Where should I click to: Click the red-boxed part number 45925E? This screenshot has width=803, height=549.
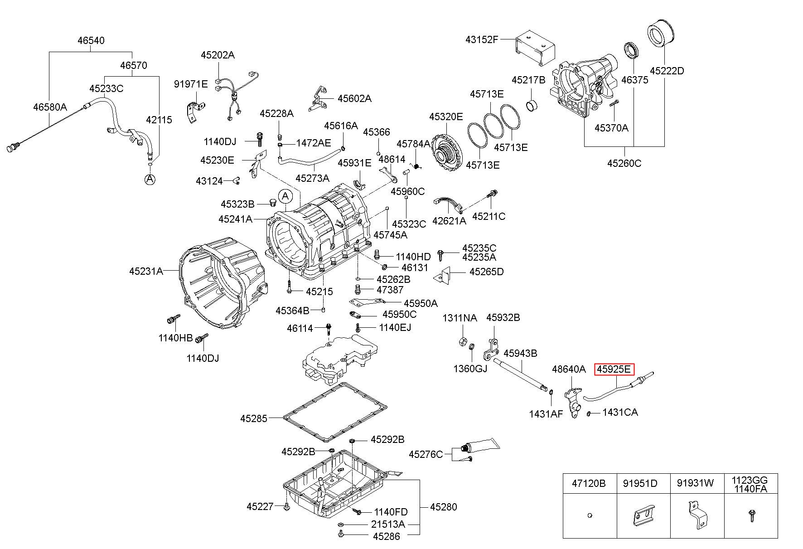(614, 369)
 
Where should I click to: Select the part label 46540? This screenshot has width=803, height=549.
(91, 40)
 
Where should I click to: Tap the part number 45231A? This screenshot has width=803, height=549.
(146, 271)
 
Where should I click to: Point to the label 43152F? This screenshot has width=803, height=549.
(482, 39)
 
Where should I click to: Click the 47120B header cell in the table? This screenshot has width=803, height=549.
(589, 483)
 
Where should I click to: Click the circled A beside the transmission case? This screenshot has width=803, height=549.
(285, 196)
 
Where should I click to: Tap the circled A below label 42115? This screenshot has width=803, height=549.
(150, 179)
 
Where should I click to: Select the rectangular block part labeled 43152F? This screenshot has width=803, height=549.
(536, 47)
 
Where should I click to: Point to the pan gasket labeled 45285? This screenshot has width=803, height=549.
(335, 412)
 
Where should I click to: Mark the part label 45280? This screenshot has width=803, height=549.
(443, 507)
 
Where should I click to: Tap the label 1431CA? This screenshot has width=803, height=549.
(620, 413)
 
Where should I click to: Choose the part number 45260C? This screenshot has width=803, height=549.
(624, 163)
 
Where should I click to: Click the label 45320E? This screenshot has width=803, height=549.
(446, 117)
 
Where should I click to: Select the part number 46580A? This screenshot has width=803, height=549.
(50, 107)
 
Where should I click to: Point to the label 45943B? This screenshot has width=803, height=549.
(520, 353)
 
